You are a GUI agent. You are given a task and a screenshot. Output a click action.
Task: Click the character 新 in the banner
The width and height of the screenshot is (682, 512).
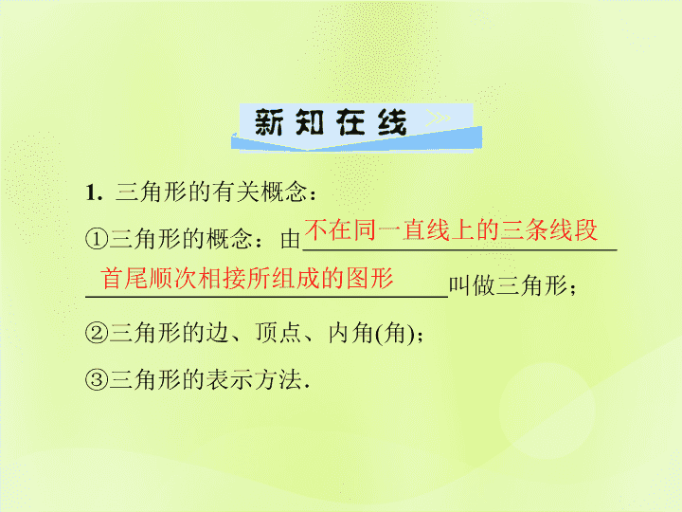click(x=269, y=122)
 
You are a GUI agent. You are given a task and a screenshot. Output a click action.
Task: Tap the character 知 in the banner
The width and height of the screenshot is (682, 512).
click(x=310, y=122)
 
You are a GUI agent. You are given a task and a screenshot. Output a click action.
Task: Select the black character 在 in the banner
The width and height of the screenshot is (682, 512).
click(x=350, y=122)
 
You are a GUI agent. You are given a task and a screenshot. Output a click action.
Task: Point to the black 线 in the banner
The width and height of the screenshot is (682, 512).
click(x=392, y=122)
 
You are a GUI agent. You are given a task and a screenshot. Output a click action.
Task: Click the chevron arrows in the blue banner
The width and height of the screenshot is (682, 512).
click(x=438, y=118)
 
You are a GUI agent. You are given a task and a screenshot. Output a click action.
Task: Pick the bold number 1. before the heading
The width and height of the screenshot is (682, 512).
click(x=95, y=192)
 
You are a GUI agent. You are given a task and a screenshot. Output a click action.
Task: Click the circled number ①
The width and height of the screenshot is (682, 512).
click(x=96, y=239)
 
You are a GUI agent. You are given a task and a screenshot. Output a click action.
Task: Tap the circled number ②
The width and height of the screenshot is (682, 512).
click(x=96, y=333)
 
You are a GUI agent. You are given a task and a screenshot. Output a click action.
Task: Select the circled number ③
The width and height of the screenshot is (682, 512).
click(x=96, y=379)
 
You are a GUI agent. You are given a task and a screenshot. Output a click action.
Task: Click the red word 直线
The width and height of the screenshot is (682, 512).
click(x=426, y=229)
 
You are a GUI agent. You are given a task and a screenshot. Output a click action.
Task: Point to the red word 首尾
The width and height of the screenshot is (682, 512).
click(x=124, y=278)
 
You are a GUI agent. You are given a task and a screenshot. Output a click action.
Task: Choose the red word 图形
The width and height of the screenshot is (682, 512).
click(x=370, y=278)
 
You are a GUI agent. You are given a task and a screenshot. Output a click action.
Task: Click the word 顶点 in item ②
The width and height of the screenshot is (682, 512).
click(x=278, y=333)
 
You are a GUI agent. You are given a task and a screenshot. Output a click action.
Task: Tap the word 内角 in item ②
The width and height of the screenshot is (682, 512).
click(x=351, y=333)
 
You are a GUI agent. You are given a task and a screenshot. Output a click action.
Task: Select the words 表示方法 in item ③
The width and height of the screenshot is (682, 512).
click(x=254, y=379)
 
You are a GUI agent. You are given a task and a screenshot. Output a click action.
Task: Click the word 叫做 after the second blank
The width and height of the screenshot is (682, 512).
click(x=473, y=286)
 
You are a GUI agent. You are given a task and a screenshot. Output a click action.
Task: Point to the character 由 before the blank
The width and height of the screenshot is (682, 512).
click(x=290, y=239)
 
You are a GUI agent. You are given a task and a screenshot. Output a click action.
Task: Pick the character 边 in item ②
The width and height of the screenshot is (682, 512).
click(x=217, y=333)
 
